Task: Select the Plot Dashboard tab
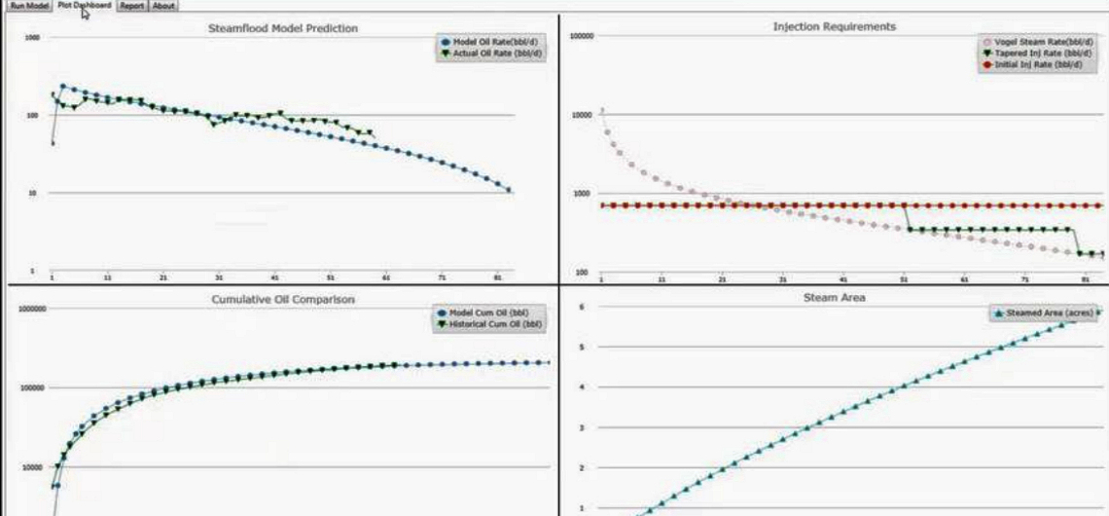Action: pos(84,6)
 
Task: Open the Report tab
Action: pos(132,6)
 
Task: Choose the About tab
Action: pos(164,6)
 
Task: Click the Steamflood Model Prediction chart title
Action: pos(283,28)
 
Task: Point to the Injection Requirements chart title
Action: pos(834,26)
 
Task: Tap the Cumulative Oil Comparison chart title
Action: pos(283,299)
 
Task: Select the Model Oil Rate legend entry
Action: pos(492,42)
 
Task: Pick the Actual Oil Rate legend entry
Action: pos(492,53)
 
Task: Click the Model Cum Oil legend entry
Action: pos(491,313)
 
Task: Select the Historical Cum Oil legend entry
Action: pos(491,323)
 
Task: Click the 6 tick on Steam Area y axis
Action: pos(582,307)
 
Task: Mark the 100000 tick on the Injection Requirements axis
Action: pos(582,36)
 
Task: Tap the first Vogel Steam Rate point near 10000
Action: pos(602,110)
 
